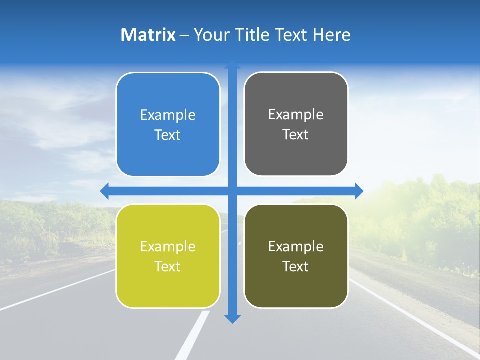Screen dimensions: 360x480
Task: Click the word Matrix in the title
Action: click(x=148, y=35)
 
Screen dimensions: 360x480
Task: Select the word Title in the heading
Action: click(x=252, y=35)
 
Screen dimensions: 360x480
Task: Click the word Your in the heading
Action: click(x=212, y=35)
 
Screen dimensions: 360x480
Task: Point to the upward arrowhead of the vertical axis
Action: click(x=232, y=65)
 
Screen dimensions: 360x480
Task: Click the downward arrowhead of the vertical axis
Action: click(x=232, y=318)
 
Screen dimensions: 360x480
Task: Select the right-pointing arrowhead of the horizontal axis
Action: click(x=359, y=191)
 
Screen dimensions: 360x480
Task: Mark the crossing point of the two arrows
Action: click(x=232, y=191)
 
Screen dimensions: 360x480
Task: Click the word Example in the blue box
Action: click(x=168, y=115)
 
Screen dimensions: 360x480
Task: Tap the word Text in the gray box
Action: click(x=296, y=135)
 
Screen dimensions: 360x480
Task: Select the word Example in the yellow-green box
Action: click(x=168, y=247)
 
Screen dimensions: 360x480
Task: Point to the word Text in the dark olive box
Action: click(x=296, y=267)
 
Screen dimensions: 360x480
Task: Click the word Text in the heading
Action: click(x=291, y=35)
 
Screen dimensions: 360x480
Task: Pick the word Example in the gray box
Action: click(x=296, y=115)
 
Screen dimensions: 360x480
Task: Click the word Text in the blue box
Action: click(x=168, y=135)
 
